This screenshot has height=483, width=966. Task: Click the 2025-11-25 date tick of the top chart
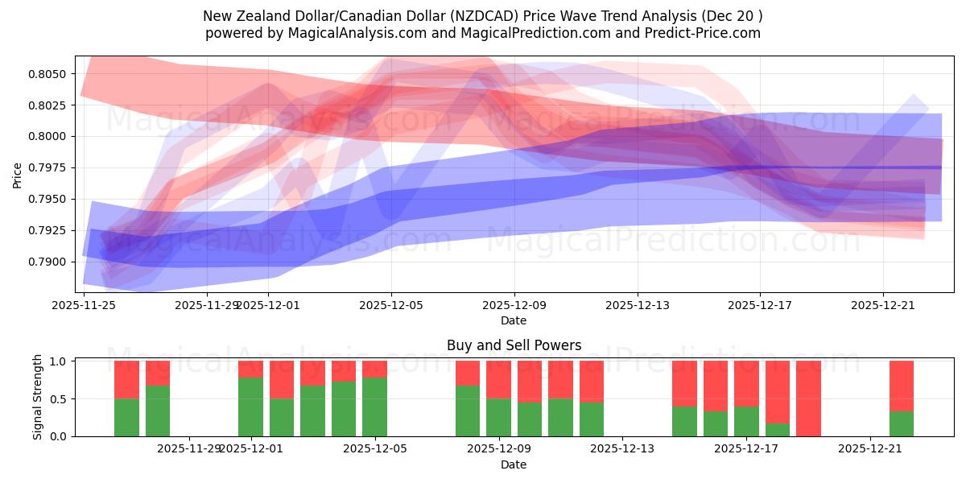tap(84, 305)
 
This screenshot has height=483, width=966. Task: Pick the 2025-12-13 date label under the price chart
tap(638, 305)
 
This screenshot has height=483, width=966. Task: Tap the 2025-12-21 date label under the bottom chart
tap(871, 449)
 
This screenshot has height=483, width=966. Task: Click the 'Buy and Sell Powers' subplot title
tap(514, 345)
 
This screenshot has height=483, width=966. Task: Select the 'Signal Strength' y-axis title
tap(38, 398)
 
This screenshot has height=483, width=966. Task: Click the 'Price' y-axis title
tap(18, 174)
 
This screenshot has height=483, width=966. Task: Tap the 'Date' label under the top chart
tap(514, 320)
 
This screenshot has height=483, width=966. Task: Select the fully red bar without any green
tap(808, 398)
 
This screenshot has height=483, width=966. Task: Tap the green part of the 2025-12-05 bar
tap(374, 407)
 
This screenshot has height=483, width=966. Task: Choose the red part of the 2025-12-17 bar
tap(746, 383)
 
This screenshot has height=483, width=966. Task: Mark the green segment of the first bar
tap(126, 417)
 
